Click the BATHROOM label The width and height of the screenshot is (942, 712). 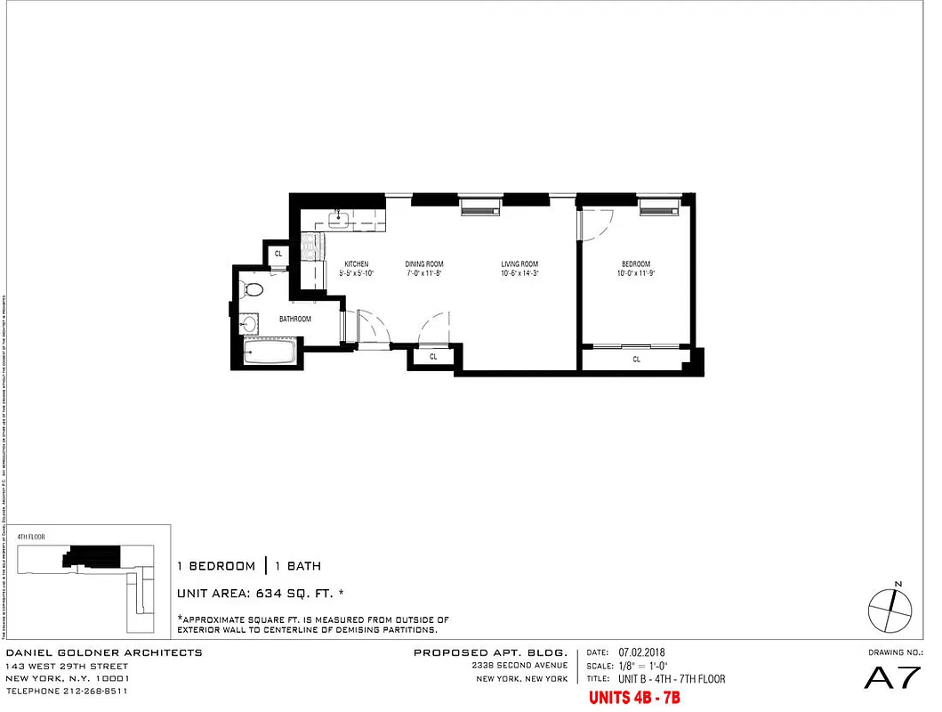[294, 319]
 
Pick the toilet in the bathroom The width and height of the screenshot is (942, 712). [254, 289]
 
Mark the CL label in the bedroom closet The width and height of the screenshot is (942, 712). [636, 360]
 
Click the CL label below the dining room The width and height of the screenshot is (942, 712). [433, 356]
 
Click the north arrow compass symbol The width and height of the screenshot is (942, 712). [890, 611]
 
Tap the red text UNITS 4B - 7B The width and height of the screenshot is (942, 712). [633, 698]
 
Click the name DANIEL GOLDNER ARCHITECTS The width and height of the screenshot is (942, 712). [104, 653]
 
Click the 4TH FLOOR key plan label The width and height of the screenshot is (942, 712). [31, 538]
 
